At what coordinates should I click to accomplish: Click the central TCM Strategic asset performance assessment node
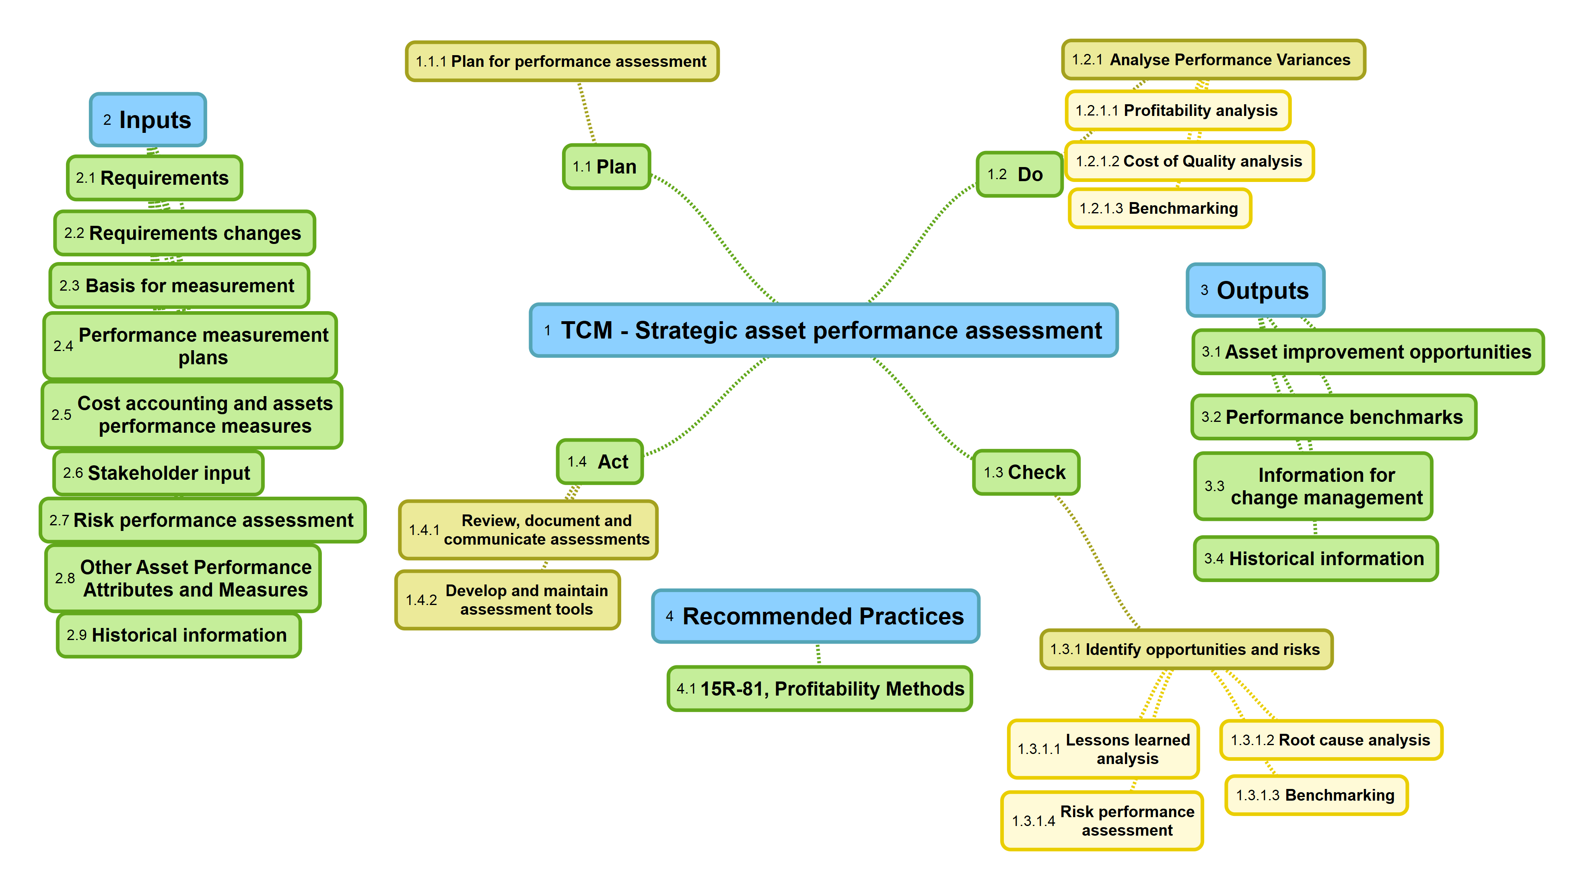tap(823, 330)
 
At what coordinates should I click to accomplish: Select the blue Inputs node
tap(148, 120)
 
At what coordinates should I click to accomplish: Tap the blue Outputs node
tap(1255, 290)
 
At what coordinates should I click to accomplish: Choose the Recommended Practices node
tap(816, 616)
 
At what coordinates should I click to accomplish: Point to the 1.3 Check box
tap(1026, 472)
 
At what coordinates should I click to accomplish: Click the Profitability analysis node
tap(1177, 111)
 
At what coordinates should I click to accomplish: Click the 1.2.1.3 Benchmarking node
tap(1160, 209)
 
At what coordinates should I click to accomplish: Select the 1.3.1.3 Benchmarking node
tap(1316, 795)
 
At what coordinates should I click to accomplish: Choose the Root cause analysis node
tap(1331, 740)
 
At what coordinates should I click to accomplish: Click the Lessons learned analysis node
tap(1103, 749)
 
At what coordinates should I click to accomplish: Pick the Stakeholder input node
tap(158, 473)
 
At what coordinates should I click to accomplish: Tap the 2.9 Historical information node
tap(178, 635)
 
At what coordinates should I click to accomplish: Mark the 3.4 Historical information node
tap(1315, 558)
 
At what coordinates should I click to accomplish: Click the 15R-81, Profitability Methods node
tap(820, 689)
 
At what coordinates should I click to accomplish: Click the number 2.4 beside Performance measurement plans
tap(63, 346)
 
